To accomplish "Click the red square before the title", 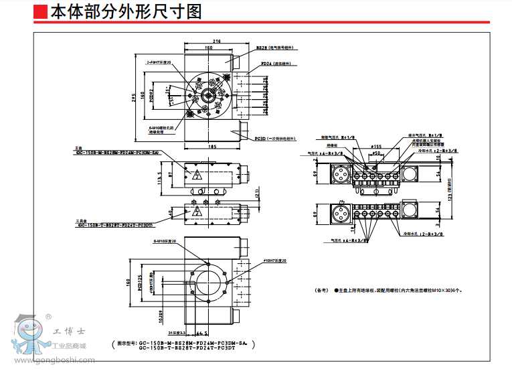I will pyautogui.click(x=41, y=11).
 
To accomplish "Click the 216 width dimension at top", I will pyautogui.click(x=216, y=41).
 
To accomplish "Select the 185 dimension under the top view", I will pyautogui.click(x=212, y=146).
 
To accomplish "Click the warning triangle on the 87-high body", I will pyautogui.click(x=197, y=175).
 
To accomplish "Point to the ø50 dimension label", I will pyautogui.click(x=376, y=153).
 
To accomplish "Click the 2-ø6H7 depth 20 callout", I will pyautogui.click(x=159, y=62).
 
